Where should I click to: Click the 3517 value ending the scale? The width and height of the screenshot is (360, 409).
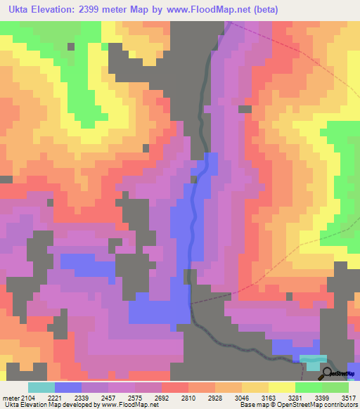[x=349, y=398]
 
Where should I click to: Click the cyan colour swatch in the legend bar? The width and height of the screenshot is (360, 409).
[x=41, y=387]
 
